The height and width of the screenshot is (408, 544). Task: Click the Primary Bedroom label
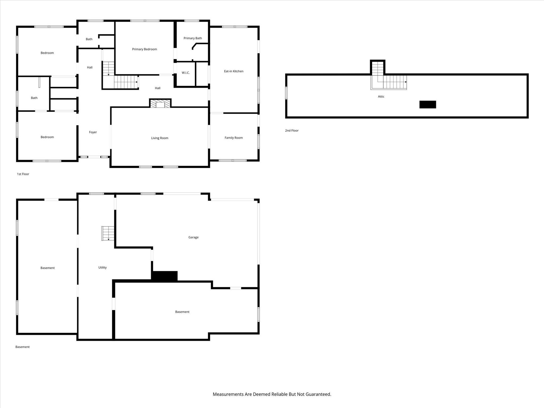click(144, 49)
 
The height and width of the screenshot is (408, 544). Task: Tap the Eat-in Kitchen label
click(233, 71)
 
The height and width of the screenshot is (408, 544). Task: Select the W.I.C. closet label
click(186, 73)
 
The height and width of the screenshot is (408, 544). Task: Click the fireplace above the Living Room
click(160, 103)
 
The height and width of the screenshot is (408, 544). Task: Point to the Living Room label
click(160, 138)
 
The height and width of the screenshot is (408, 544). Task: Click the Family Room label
click(233, 138)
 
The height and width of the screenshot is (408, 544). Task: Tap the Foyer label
click(93, 132)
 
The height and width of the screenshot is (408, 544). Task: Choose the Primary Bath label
click(193, 38)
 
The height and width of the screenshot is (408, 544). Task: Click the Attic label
click(381, 96)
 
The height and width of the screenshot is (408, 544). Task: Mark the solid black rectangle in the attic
click(427, 104)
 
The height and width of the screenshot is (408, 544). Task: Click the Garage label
click(193, 237)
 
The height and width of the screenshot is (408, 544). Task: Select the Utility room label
click(102, 267)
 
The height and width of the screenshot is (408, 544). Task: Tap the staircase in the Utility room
click(108, 233)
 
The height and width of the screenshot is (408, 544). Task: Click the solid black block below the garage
click(164, 276)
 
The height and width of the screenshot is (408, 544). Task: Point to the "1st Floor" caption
click(23, 174)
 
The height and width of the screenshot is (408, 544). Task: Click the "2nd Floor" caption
click(292, 130)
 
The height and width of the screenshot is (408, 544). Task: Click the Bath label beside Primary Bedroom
click(89, 39)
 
